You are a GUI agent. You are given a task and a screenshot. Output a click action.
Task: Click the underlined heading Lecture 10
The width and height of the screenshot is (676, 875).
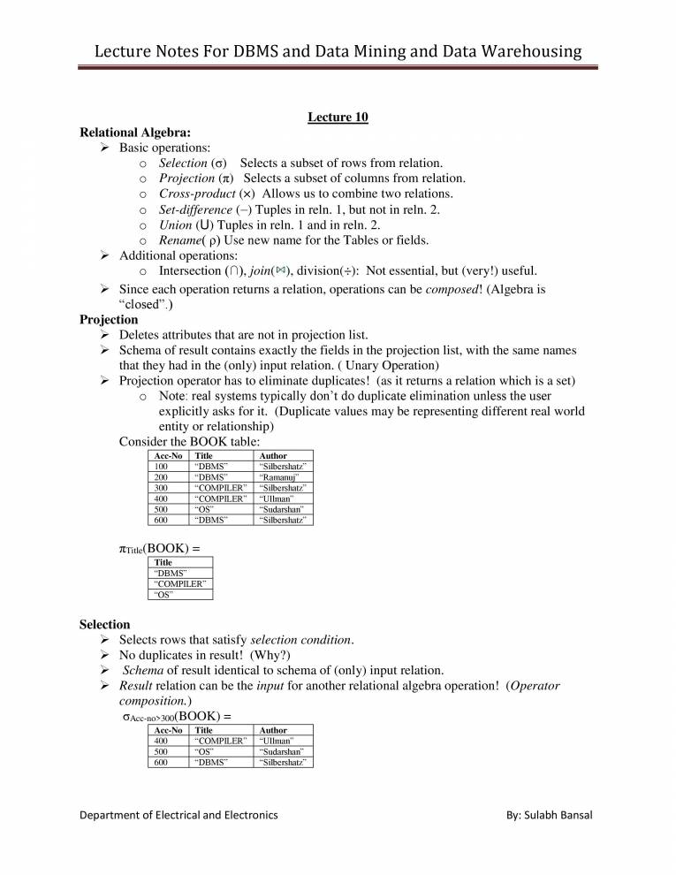pyautogui.click(x=338, y=117)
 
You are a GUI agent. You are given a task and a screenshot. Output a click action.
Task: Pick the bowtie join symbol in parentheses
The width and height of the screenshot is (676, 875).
pyautogui.click(x=281, y=270)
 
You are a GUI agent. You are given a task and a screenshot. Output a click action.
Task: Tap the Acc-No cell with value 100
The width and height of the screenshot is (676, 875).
pyautogui.click(x=162, y=466)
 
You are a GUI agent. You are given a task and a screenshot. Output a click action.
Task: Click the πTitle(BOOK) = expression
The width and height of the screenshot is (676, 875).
pyautogui.click(x=159, y=549)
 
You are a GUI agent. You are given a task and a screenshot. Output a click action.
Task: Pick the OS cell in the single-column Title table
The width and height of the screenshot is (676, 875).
pyautogui.click(x=163, y=595)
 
